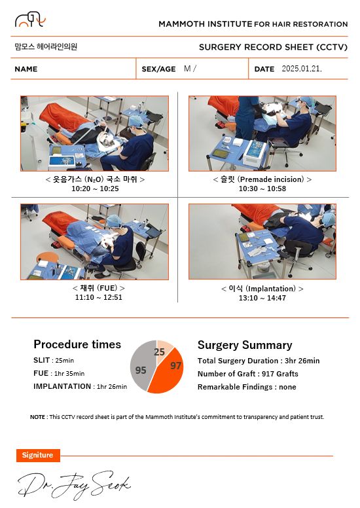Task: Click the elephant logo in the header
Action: tap(30, 20)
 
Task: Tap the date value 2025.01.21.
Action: tap(302, 69)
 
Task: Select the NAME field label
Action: tap(26, 69)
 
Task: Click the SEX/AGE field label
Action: tap(158, 69)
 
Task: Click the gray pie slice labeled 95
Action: tap(142, 366)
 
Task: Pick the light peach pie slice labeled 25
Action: tap(163, 350)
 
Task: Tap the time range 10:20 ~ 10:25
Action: tap(95, 189)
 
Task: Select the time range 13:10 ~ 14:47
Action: tap(262, 298)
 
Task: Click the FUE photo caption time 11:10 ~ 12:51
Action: tap(99, 297)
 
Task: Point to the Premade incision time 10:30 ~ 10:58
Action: tap(262, 189)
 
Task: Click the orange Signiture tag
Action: tap(38, 455)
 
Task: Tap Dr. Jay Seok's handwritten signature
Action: tap(74, 484)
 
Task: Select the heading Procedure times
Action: tap(77, 344)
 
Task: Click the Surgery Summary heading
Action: tap(245, 345)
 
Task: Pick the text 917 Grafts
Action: tap(280, 374)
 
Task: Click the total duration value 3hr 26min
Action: tap(302, 361)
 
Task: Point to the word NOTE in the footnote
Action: tap(37, 417)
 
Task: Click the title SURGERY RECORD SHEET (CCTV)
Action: tap(273, 47)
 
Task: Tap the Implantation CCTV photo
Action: tap(262, 242)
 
